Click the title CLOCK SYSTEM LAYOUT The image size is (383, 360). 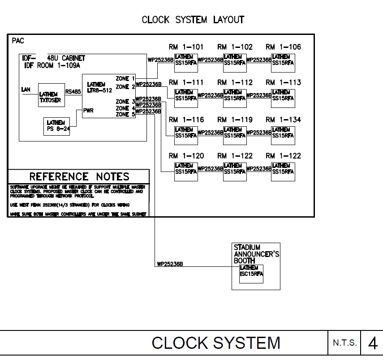coord(193,20)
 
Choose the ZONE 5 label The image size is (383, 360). coord(125,115)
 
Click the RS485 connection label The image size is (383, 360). coord(73,91)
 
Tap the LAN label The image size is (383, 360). coord(26,90)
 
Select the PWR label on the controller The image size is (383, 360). coord(88,111)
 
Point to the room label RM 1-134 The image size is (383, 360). coord(283,120)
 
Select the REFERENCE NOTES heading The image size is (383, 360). coord(79,176)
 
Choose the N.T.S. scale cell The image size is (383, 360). coord(345,343)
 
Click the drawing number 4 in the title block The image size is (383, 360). coord(372,343)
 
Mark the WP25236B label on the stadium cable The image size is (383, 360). coord(170,264)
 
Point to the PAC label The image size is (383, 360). coord(18,41)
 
